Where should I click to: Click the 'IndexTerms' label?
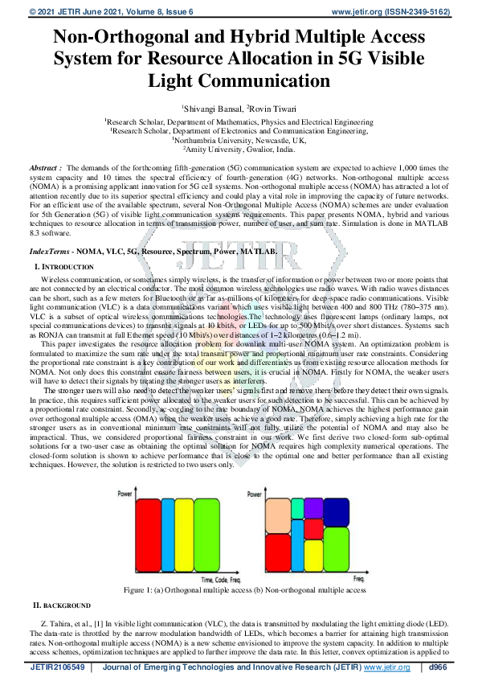pyautogui.click(x=45, y=252)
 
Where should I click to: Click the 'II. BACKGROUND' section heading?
pyautogui.click(x=61, y=604)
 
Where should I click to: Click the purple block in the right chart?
pyautogui.click(x=297, y=507)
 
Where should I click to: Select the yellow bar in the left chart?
pyautogui.click(x=185, y=535)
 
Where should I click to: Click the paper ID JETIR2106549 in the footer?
pyautogui.click(x=59, y=667)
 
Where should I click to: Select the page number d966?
pyautogui.click(x=439, y=667)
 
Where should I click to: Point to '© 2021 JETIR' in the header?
pyautogui.click(x=32, y=12)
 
